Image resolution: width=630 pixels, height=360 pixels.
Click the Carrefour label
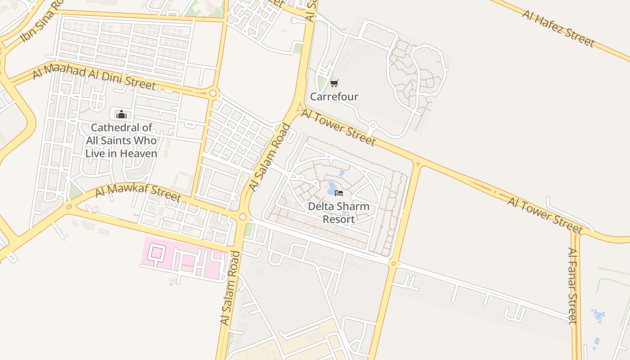pos(334,97)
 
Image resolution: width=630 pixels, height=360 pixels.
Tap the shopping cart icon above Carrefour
pos(334,83)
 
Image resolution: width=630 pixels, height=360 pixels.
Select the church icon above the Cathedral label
pos(121,114)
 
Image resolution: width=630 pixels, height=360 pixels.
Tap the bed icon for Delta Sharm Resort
pos(339,193)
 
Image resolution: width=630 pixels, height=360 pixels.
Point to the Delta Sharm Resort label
pos(338,213)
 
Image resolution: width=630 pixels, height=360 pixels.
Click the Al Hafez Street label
pos(558,28)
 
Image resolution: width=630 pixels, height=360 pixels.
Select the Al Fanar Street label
pos(572,286)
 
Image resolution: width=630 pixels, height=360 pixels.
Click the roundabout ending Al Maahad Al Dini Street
pos(213,94)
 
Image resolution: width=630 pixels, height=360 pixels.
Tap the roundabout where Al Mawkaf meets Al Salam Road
pos(243,217)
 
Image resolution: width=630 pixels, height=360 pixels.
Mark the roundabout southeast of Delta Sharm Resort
pos(394,263)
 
